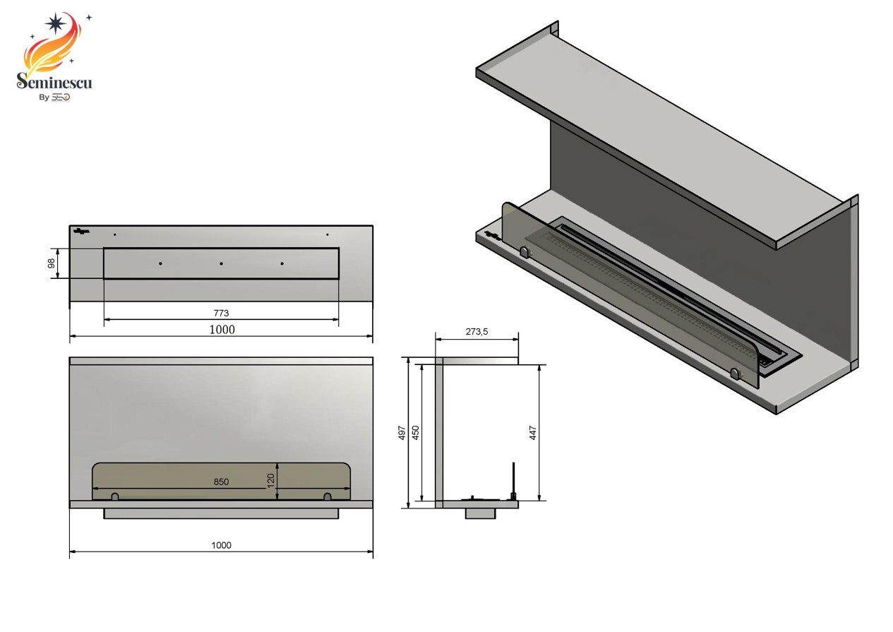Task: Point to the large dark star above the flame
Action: pyautogui.click(x=54, y=23)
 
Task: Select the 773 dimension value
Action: pyautogui.click(x=221, y=313)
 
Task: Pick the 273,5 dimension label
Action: pyautogui.click(x=477, y=331)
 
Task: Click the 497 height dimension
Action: pyautogui.click(x=402, y=432)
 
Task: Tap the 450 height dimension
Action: pyautogui.click(x=416, y=432)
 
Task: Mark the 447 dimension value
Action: pyautogui.click(x=534, y=432)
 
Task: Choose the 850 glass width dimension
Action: pyautogui.click(x=221, y=482)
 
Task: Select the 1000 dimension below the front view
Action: pyautogui.click(x=221, y=545)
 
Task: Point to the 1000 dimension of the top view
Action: pyautogui.click(x=221, y=329)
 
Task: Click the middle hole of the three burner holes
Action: pyautogui.click(x=221, y=263)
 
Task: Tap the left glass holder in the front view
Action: pyautogui.click(x=115, y=497)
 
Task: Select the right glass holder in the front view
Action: pyautogui.click(x=327, y=497)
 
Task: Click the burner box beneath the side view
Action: pyautogui.click(x=480, y=513)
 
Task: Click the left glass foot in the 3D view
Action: pyautogui.click(x=524, y=251)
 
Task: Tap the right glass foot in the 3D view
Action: pyautogui.click(x=736, y=374)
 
